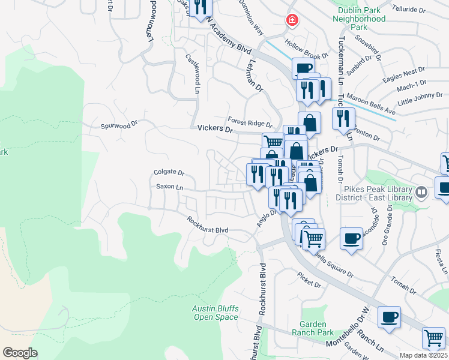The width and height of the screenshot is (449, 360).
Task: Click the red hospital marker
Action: tap(292, 20)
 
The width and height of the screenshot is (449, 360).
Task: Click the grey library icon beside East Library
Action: tap(421, 193)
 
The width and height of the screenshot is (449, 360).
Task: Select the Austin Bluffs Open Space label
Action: tap(215, 313)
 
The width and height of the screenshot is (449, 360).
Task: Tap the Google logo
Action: tap(20, 353)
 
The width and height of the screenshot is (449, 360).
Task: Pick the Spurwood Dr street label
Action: tap(119, 126)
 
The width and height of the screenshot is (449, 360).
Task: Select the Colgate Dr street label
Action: tap(169, 172)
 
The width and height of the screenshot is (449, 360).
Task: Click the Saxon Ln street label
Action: tap(169, 187)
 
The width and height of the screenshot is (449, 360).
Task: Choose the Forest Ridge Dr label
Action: tap(249, 121)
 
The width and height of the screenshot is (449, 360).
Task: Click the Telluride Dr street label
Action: tap(408, 9)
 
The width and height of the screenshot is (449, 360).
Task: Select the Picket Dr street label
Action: tap(309, 278)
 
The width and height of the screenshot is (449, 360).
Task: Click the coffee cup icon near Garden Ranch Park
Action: tap(389, 316)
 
